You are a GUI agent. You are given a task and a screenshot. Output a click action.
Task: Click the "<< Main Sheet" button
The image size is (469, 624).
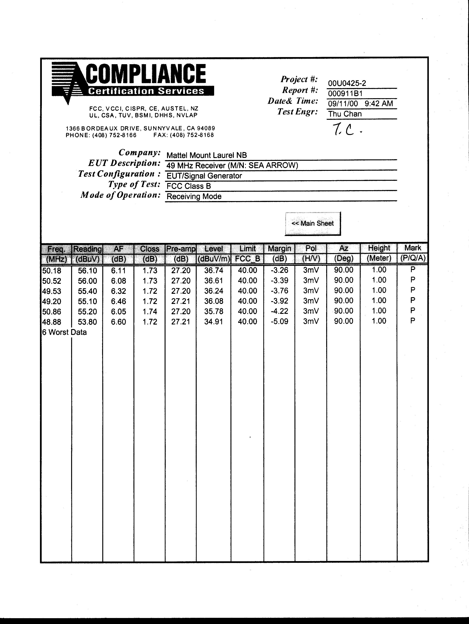(x=312, y=223)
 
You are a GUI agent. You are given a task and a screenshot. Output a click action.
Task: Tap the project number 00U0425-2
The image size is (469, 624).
(x=347, y=83)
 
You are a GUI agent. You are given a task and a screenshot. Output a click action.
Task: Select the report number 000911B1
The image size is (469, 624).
(x=345, y=93)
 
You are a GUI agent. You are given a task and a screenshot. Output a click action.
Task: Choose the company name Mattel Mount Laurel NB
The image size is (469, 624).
(x=206, y=155)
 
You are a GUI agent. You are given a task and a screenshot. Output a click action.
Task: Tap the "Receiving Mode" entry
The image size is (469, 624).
(x=194, y=197)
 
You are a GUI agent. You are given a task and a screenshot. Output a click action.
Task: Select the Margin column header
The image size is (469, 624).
(x=279, y=249)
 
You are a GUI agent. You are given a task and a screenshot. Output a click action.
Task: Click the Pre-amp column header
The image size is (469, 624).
(x=181, y=249)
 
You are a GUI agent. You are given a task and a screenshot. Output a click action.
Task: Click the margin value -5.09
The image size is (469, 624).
(x=279, y=322)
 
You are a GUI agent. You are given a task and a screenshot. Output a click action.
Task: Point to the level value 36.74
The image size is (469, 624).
(x=214, y=271)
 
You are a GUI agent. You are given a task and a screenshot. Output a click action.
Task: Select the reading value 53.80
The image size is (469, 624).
(x=87, y=322)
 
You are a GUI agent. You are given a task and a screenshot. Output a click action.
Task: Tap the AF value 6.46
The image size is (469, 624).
(x=118, y=301)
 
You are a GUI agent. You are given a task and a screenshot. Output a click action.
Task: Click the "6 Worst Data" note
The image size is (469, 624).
(x=64, y=332)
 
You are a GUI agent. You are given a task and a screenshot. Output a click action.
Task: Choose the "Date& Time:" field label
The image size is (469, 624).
(x=293, y=101)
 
